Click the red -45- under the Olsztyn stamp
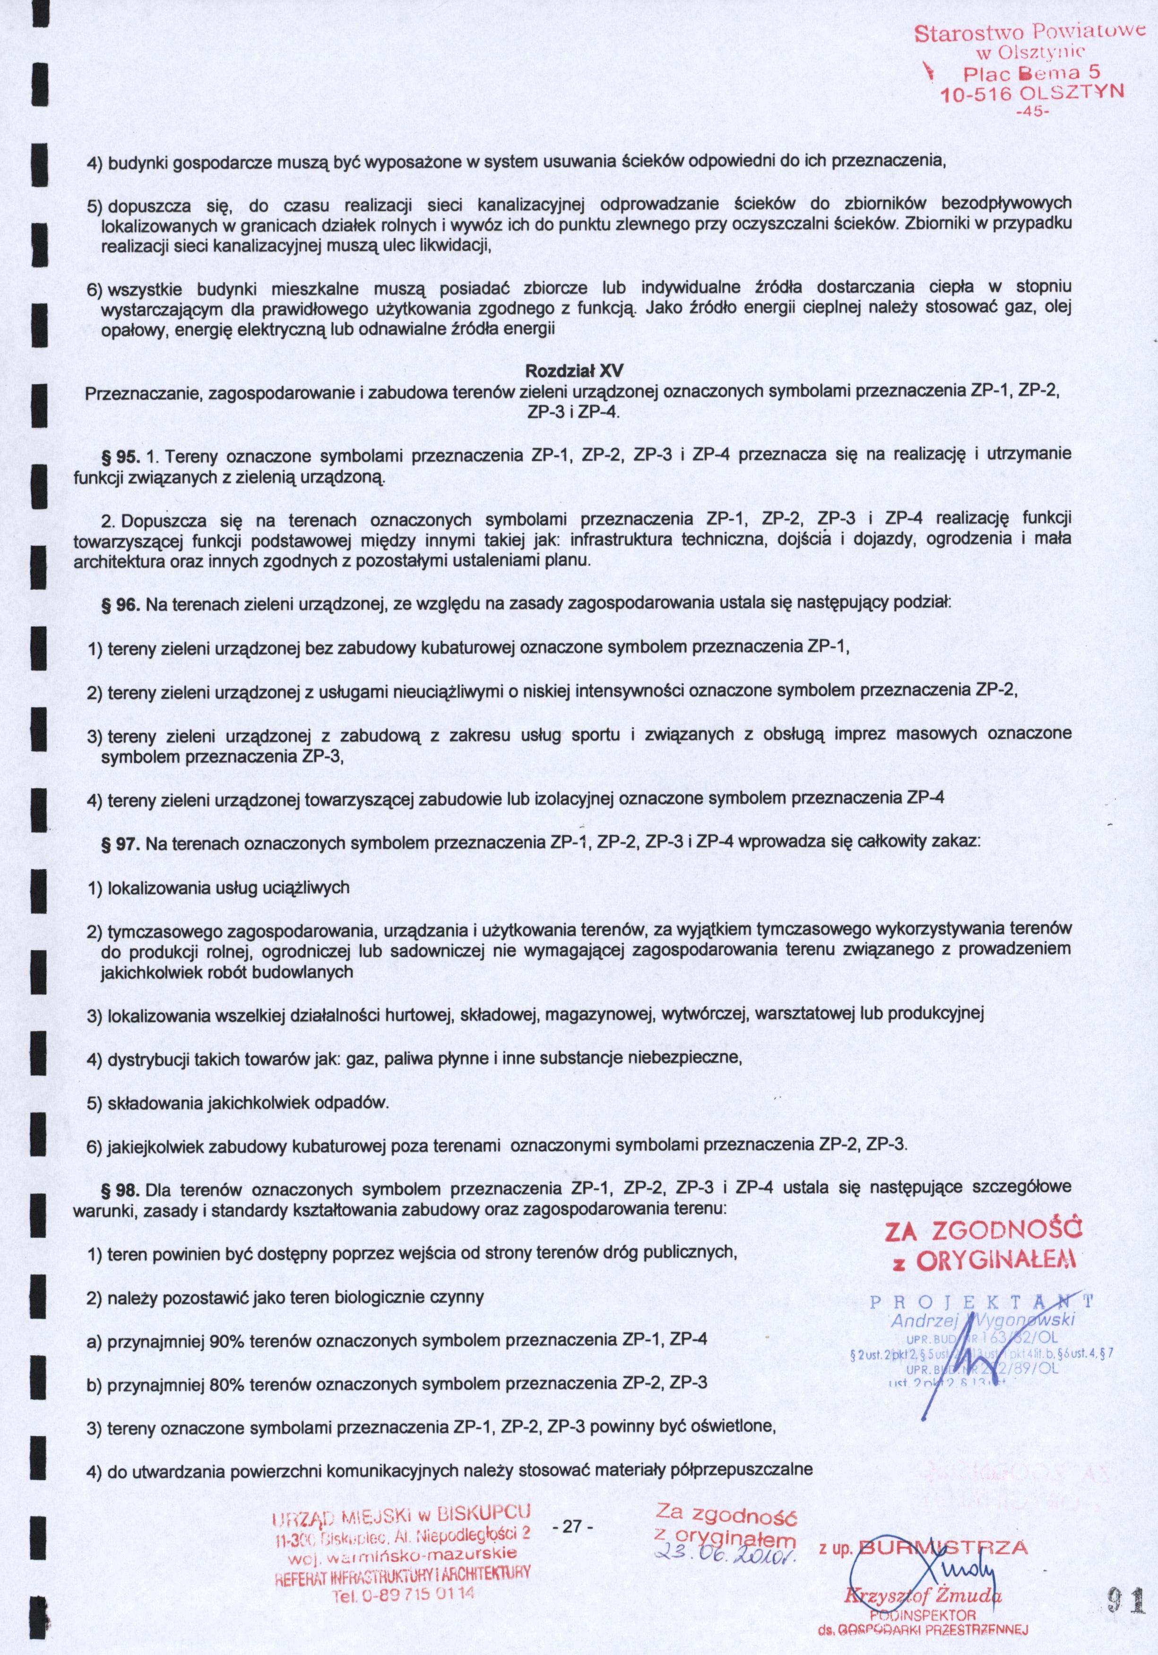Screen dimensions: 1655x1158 pos(1033,113)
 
